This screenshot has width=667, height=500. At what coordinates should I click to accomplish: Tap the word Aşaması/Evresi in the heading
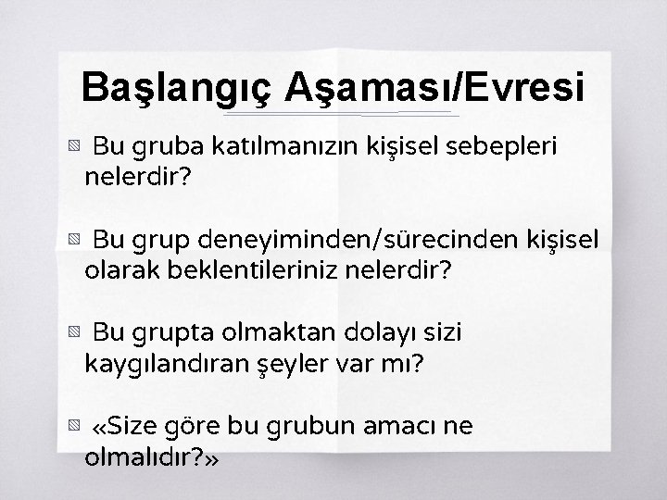coord(434,89)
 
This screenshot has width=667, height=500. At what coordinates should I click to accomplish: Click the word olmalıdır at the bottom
coord(138,457)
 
